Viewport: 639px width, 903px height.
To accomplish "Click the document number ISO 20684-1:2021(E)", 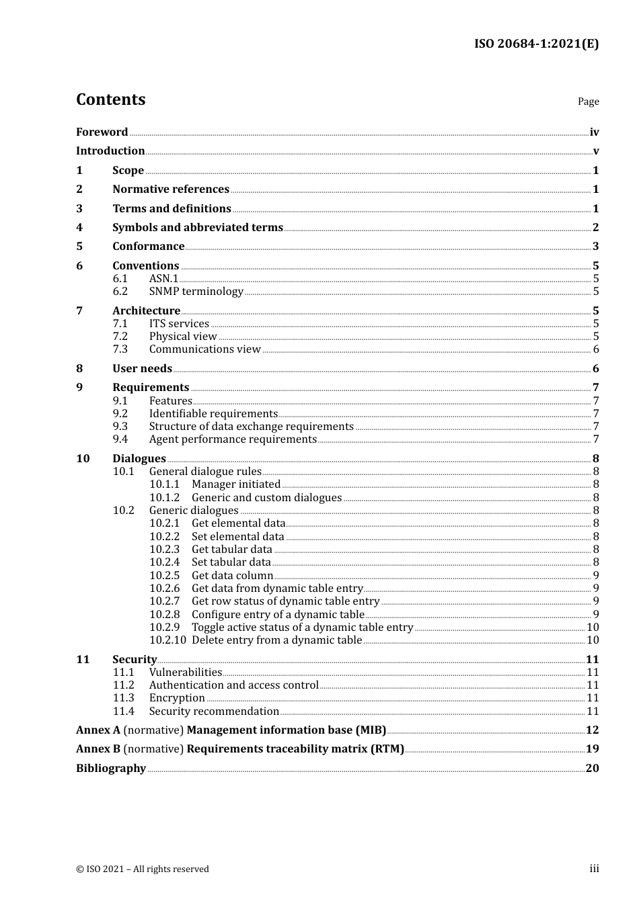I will (x=536, y=44).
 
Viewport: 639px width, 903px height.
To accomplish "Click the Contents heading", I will (x=110, y=99).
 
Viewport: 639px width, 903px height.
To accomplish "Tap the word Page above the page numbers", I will (x=588, y=101).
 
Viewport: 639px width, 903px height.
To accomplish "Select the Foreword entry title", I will (x=102, y=132).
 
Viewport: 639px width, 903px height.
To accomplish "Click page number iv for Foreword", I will (x=594, y=132).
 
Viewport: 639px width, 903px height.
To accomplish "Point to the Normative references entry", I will (x=171, y=189).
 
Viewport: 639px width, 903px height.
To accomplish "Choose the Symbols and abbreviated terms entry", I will (x=198, y=228).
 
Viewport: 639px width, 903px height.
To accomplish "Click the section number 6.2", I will (x=120, y=292).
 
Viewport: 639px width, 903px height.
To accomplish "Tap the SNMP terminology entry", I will (x=196, y=292).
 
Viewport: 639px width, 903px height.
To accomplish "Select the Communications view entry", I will (x=204, y=349).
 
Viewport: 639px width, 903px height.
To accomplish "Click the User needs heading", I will (x=142, y=369).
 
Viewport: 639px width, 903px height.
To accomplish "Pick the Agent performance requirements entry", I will (x=233, y=439).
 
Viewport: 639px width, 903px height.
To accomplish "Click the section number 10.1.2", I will (x=164, y=498).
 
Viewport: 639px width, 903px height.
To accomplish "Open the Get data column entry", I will (x=232, y=576).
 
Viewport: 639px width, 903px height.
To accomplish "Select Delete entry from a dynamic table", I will (x=276, y=640).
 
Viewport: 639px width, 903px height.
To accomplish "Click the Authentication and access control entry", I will (x=233, y=685).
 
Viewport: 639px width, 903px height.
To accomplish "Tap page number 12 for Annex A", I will (x=592, y=730).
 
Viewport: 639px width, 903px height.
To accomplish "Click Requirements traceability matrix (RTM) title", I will (x=295, y=749).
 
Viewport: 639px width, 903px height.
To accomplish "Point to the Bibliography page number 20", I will (x=592, y=769).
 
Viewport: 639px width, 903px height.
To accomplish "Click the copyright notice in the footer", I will (x=143, y=869).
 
